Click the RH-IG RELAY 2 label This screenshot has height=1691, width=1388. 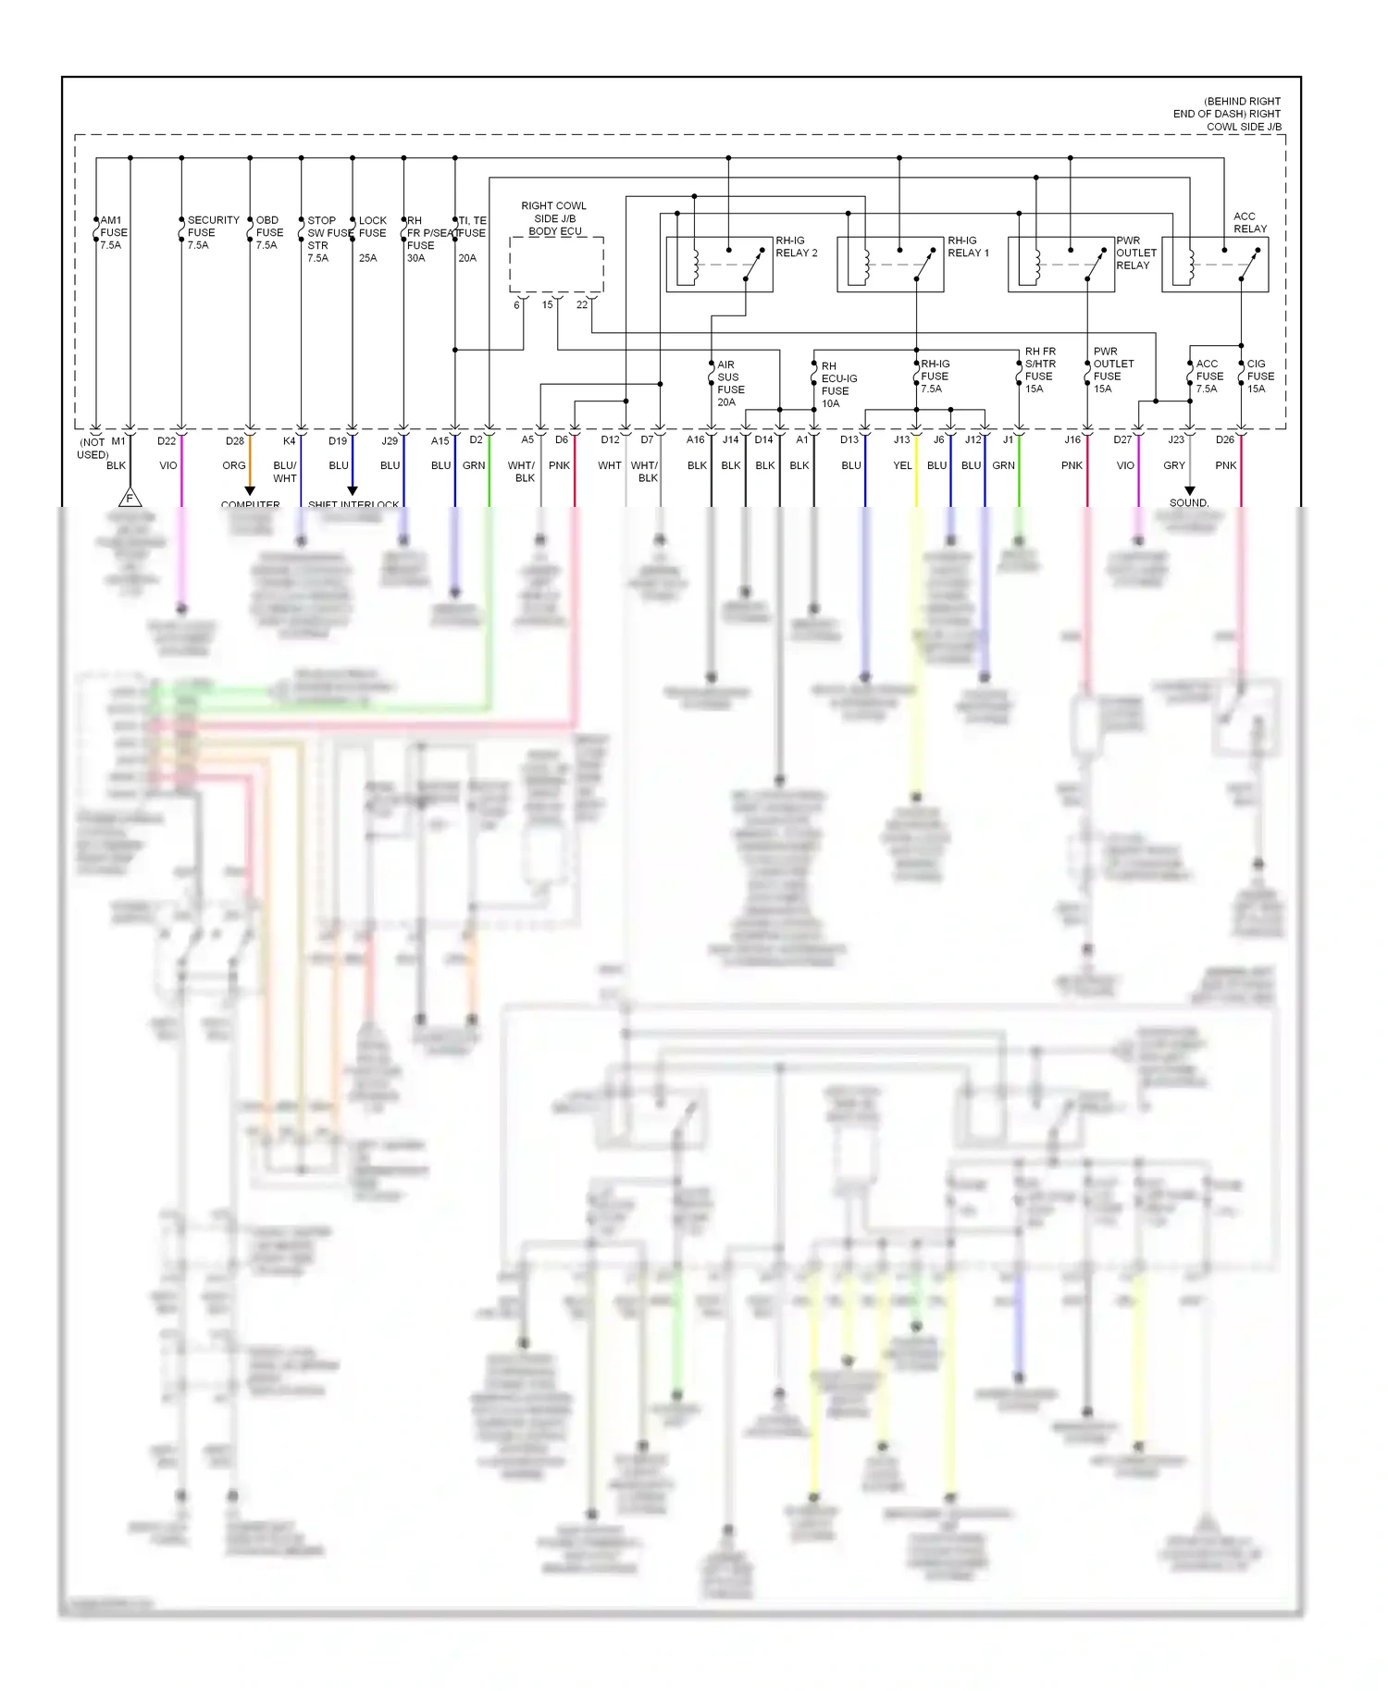pyautogui.click(x=796, y=247)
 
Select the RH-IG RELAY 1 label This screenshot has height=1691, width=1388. pyautogui.click(x=968, y=247)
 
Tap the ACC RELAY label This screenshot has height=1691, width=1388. pyautogui.click(x=1249, y=223)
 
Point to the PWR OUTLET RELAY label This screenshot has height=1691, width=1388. pyautogui.click(x=1135, y=253)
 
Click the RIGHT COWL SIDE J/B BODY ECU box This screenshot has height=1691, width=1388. pyautogui.click(x=556, y=265)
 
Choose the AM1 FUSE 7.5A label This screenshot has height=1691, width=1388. pyautogui.click(x=113, y=233)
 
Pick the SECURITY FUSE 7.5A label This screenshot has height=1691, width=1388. pyautogui.click(x=213, y=233)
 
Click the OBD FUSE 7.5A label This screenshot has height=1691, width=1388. pyautogui.click(x=269, y=233)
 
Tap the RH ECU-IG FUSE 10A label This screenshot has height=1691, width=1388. pyautogui.click(x=838, y=385)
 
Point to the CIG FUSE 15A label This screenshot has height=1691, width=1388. pyautogui.click(x=1259, y=376)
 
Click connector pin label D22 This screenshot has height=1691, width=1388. pyautogui.click(x=167, y=441)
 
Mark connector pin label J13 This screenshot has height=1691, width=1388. pyautogui.click(x=901, y=440)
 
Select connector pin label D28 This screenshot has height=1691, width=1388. pyautogui.click(x=235, y=441)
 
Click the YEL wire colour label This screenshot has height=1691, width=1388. pyautogui.click(x=902, y=466)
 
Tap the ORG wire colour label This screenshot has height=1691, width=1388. pyautogui.click(x=234, y=466)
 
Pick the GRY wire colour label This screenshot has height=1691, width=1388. pyautogui.click(x=1174, y=466)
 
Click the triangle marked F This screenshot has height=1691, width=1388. pyautogui.click(x=130, y=498)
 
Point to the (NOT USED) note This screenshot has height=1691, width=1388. pyautogui.click(x=93, y=449)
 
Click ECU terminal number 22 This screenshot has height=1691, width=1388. pyautogui.click(x=582, y=305)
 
